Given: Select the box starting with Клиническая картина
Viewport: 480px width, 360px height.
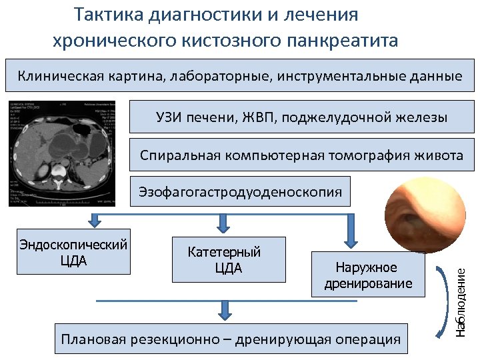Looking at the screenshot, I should coord(239,76).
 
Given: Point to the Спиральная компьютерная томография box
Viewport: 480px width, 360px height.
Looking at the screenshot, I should coord(301,155).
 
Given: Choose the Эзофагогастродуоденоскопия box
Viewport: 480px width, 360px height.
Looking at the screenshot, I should coord(240,193).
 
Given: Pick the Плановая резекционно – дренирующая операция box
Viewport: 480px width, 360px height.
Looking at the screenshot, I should coord(231,339).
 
